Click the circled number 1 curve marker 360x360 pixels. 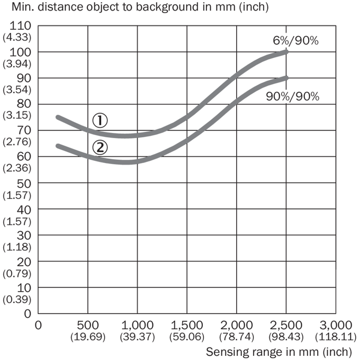(100, 121)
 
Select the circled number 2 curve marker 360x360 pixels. (100, 148)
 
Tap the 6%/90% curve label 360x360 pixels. (296, 41)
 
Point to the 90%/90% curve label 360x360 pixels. (292, 96)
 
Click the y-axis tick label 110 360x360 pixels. (20, 26)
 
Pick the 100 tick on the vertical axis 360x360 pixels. (20, 52)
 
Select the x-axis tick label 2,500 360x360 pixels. (286, 326)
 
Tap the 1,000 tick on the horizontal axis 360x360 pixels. (137, 326)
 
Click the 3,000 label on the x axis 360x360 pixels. (336, 326)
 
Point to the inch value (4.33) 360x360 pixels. (17, 37)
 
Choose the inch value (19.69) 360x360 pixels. (88, 337)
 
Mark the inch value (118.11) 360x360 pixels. (336, 337)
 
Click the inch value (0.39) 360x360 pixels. (17, 300)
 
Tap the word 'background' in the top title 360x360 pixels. (167, 7)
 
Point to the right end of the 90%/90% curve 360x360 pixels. (286, 78)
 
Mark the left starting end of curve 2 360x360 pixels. (58, 146)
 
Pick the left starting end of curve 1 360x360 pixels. (58, 118)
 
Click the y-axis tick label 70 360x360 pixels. (23, 130)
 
